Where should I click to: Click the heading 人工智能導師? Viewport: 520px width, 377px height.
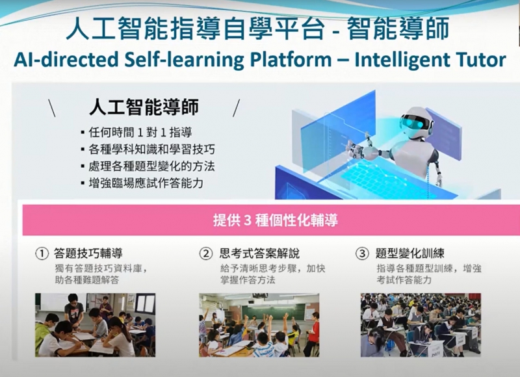click(x=144, y=107)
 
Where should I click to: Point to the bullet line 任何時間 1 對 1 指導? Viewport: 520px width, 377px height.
click(x=140, y=133)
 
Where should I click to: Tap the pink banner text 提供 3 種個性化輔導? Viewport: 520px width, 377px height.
click(x=275, y=220)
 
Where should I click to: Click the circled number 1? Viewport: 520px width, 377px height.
click(x=42, y=253)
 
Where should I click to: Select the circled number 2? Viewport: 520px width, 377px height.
click(x=205, y=253)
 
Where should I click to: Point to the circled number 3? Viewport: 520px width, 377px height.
click(x=362, y=253)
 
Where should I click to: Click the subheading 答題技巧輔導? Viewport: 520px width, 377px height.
click(x=88, y=253)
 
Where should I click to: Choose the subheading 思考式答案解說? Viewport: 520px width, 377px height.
click(x=259, y=253)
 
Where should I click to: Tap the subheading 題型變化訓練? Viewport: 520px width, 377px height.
click(x=410, y=253)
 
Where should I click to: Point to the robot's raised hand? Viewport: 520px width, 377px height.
click(x=355, y=146)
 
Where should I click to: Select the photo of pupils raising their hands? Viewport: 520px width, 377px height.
click(x=259, y=325)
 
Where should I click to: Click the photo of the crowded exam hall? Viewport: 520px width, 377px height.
click(x=421, y=325)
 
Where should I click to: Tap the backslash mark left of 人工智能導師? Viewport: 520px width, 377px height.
click(x=52, y=108)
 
